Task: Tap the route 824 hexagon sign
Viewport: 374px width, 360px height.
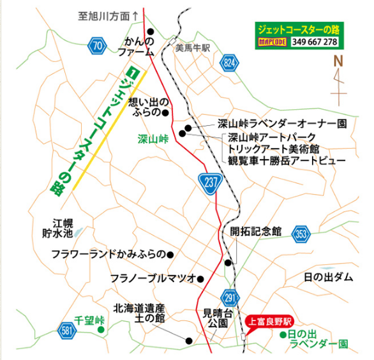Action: [x=230, y=62]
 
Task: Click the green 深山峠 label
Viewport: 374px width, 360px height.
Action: [x=153, y=138]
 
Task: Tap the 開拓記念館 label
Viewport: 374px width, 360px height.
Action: [x=256, y=232]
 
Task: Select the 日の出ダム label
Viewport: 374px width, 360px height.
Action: [x=328, y=277]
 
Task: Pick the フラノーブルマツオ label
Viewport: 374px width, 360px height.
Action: [x=152, y=279]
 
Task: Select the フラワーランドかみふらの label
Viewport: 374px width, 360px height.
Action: [x=108, y=254]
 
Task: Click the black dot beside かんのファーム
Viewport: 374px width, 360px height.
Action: [x=151, y=31]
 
